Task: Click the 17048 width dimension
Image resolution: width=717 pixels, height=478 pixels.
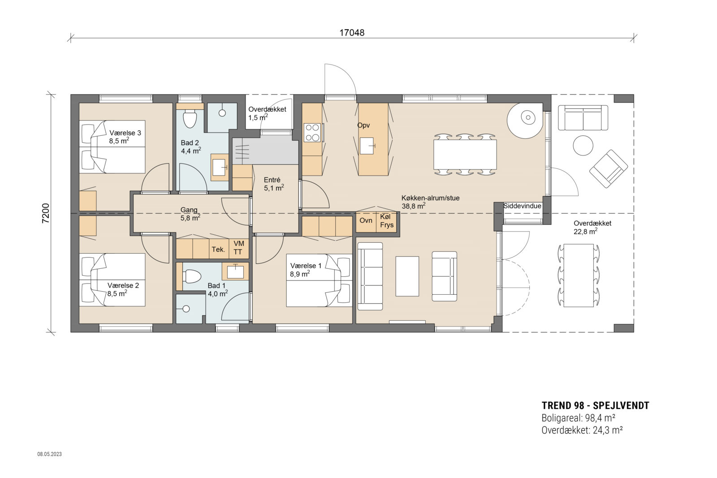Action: tap(352, 33)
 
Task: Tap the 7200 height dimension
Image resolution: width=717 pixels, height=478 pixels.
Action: tap(45, 213)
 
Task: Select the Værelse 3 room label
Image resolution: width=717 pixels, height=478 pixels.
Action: tap(125, 133)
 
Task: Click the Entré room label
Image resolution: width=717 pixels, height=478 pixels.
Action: tap(272, 180)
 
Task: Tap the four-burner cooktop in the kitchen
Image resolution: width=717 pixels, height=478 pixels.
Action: tap(312, 133)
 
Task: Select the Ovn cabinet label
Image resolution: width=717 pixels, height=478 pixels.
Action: tap(366, 220)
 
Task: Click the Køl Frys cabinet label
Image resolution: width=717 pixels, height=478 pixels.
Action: tap(386, 221)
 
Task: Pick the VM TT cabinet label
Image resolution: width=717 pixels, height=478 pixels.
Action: tap(239, 248)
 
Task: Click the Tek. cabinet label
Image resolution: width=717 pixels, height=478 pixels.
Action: tap(218, 250)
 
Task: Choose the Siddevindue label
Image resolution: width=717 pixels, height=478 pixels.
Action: tap(522, 206)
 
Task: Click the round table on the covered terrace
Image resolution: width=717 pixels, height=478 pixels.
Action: tap(583, 146)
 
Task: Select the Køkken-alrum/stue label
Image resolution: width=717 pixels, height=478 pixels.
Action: tap(430, 198)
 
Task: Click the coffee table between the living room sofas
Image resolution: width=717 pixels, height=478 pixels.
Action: tap(407, 276)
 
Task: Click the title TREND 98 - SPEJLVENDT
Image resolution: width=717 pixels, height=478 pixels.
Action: tap(595, 405)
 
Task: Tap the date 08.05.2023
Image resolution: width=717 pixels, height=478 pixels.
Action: tap(49, 454)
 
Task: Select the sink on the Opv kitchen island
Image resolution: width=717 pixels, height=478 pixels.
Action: tap(367, 145)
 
